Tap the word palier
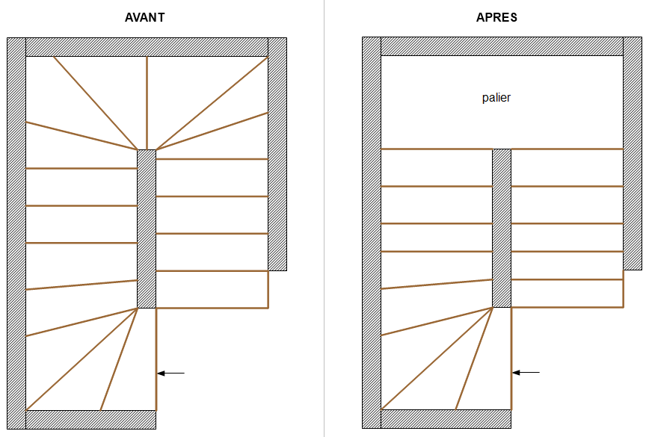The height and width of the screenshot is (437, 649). click(496, 98)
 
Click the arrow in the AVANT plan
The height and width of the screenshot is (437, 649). click(171, 372)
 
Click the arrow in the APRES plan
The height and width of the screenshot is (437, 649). click(526, 372)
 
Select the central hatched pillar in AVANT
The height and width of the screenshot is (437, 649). click(147, 229)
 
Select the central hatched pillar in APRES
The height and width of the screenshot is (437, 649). click(502, 228)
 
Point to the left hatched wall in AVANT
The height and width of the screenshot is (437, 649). click(16, 232)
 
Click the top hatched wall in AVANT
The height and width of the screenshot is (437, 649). click(147, 46)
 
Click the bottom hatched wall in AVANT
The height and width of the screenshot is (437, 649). click(90, 419)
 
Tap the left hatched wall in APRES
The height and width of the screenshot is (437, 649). click(372, 232)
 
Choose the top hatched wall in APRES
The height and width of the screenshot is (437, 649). click(502, 46)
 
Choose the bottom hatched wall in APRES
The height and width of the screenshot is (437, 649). click(446, 418)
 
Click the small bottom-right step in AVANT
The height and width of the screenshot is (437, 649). click(212, 289)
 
